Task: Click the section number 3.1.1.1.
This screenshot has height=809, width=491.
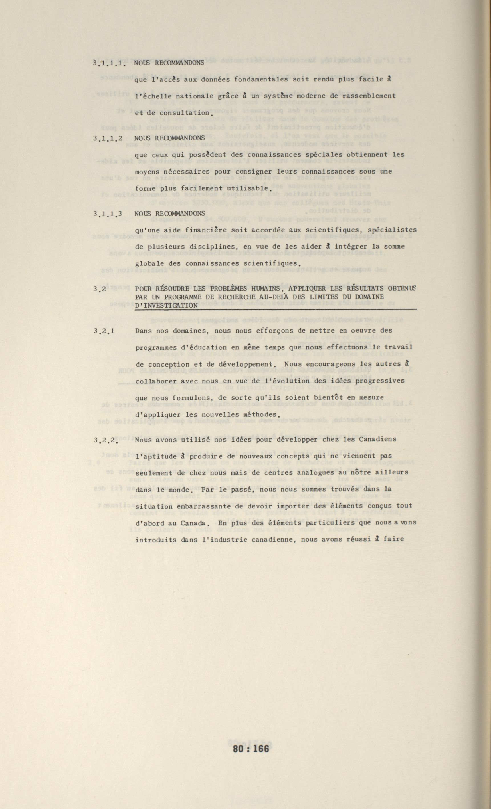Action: coord(109,63)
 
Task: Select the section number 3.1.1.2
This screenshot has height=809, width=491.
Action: coord(108,138)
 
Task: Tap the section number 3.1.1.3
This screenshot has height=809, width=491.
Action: coord(108,214)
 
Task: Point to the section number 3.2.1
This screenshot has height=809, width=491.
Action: coord(104,331)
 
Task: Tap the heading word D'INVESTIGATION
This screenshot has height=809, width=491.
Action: coord(166,306)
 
